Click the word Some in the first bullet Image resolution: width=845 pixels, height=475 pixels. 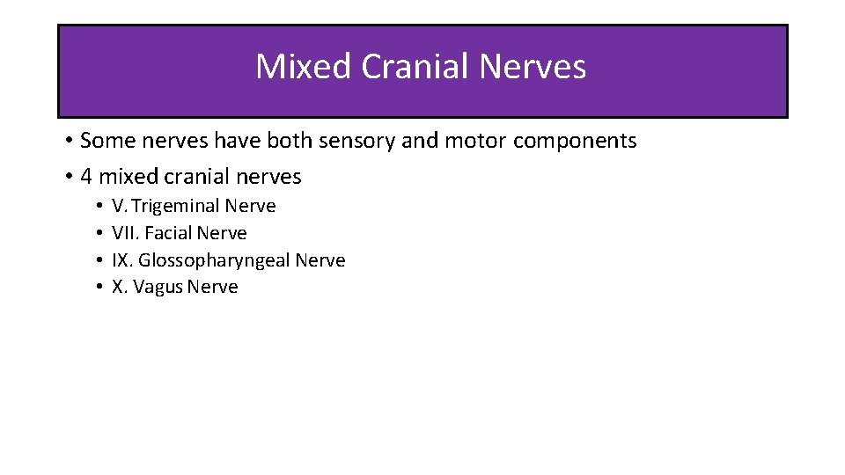click(x=103, y=141)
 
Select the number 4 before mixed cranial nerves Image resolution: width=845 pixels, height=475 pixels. click(x=86, y=177)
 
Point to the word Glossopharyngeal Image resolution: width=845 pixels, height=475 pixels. click(x=214, y=260)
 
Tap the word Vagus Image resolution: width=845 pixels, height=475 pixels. click(x=158, y=288)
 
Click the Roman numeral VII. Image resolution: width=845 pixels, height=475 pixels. click(x=124, y=233)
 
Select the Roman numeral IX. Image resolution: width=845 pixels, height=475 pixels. click(x=122, y=260)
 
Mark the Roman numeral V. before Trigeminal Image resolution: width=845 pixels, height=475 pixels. click(x=119, y=207)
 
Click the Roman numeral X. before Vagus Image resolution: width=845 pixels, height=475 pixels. click(x=119, y=288)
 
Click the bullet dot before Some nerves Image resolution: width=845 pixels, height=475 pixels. click(x=69, y=142)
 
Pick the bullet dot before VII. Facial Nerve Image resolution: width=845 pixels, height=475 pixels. click(x=99, y=234)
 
